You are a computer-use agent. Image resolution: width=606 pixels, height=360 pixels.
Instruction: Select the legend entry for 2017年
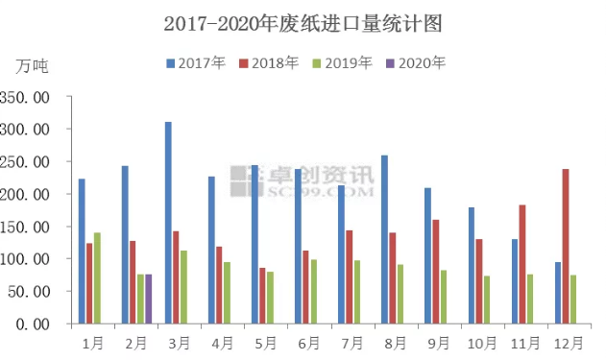tap(196, 63)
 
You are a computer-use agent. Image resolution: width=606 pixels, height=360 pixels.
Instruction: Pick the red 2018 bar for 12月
tap(565, 247)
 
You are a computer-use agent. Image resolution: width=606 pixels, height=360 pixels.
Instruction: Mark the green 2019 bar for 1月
tap(97, 278)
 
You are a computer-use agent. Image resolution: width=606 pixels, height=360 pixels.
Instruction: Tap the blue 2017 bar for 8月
tap(384, 240)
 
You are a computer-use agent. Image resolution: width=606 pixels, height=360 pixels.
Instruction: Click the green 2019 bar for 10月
tap(487, 300)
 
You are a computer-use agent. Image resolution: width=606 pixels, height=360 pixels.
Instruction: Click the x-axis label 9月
tap(436, 342)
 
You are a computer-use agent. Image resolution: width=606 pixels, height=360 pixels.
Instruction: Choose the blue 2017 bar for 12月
tap(557, 293)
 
